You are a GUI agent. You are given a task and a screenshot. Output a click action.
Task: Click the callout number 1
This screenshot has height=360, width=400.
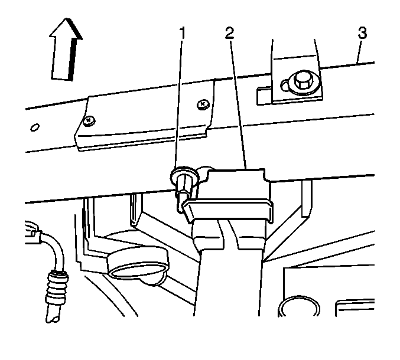(182, 33)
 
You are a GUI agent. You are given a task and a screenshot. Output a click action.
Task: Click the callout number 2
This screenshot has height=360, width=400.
(230, 33)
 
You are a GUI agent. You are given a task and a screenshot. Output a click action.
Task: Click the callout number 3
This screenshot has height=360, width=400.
(362, 33)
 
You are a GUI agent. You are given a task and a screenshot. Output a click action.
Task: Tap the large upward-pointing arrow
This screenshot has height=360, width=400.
(66, 50)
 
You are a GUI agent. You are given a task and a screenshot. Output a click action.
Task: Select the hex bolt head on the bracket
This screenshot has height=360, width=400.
(303, 81)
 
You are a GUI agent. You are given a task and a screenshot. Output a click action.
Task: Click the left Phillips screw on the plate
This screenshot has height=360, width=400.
(89, 120)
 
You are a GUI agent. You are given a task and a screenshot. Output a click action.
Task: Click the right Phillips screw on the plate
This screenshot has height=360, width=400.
(203, 104)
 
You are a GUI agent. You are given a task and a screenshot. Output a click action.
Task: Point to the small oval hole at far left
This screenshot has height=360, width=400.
(35, 127)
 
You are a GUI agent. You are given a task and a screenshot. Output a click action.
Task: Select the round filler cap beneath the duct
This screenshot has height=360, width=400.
(138, 264)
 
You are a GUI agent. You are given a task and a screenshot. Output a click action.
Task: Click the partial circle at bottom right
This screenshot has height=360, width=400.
(299, 306)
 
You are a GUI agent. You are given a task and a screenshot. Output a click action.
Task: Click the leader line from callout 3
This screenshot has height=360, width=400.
(359, 51)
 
